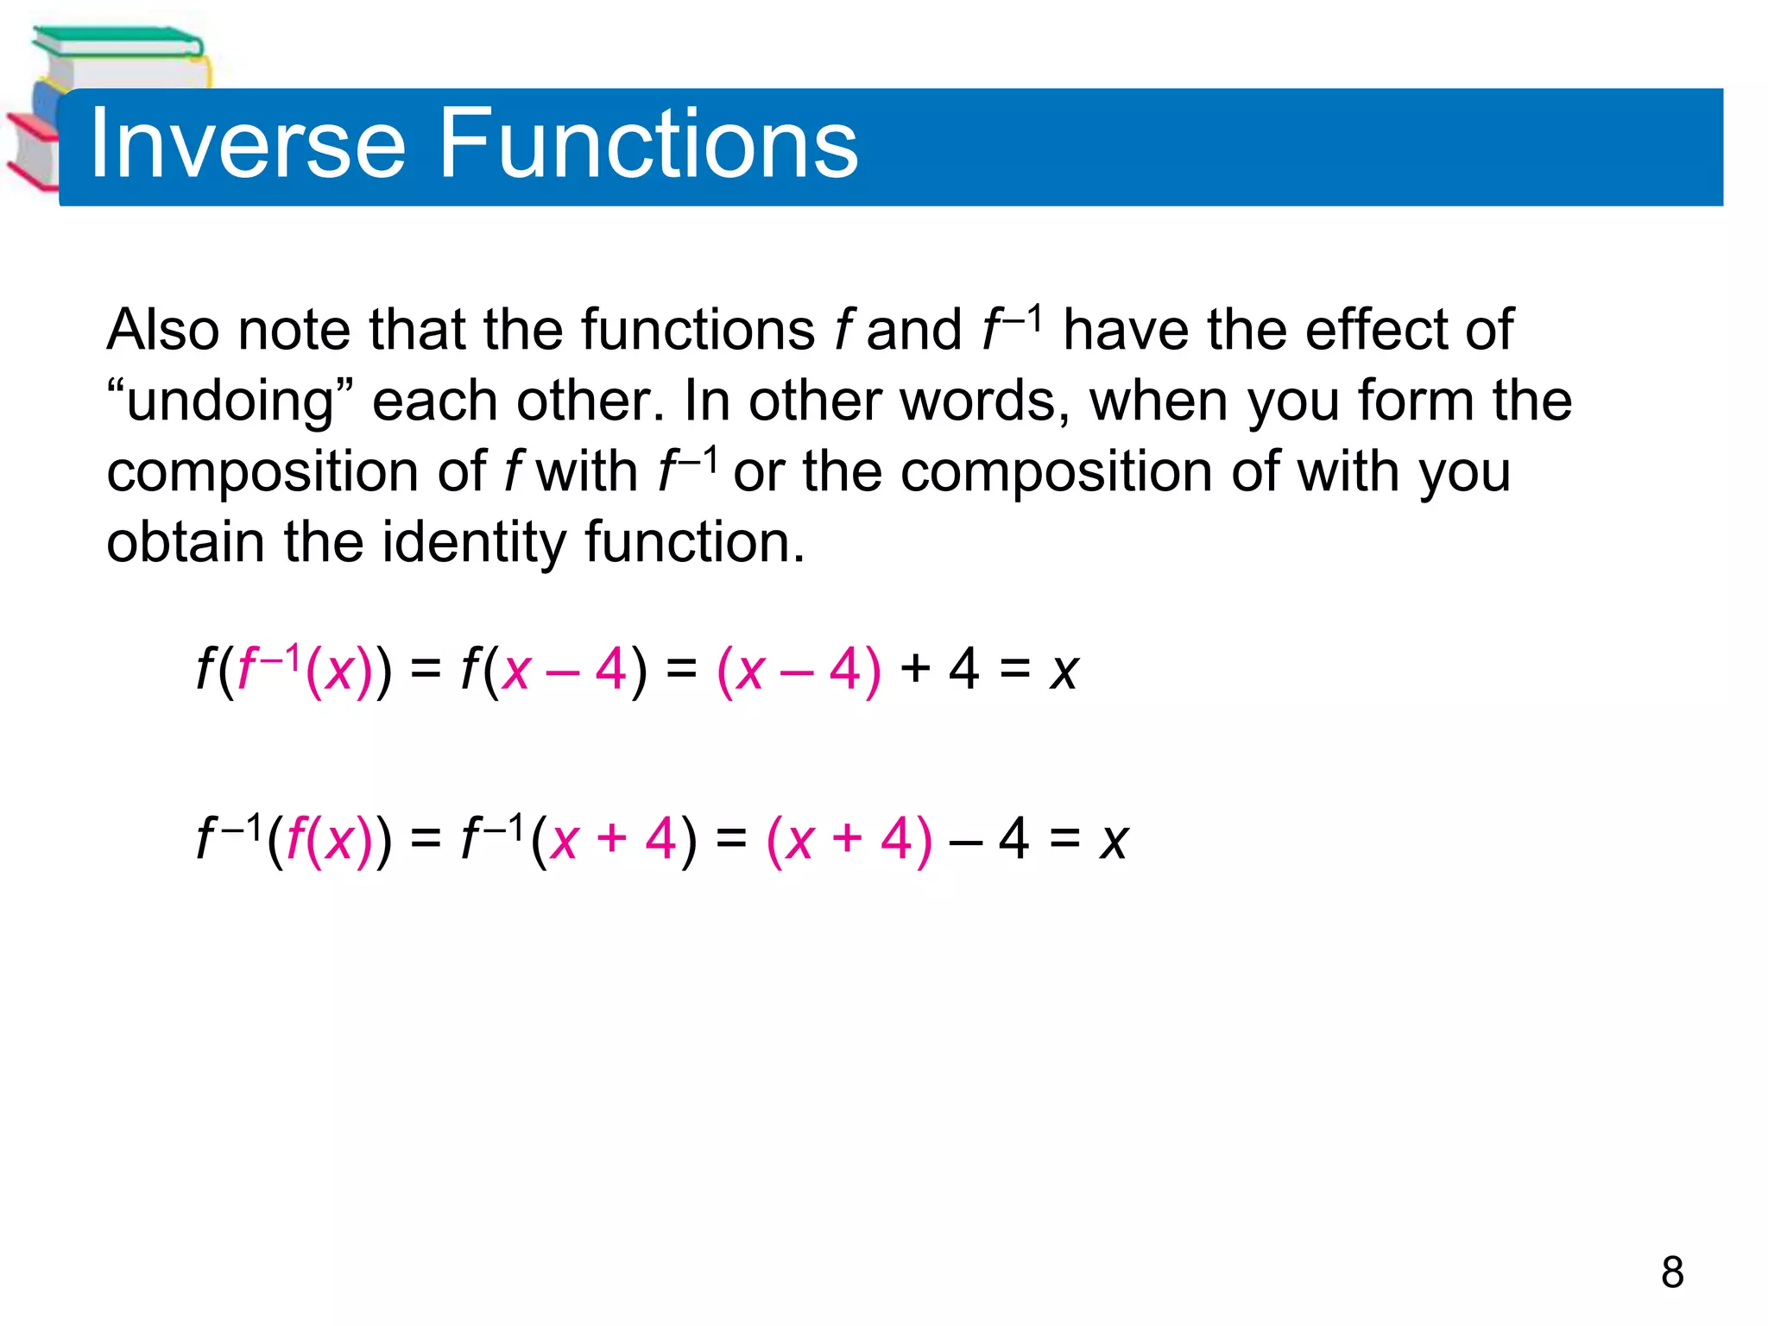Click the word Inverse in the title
247,144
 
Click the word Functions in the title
648,144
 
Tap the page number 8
1671,1272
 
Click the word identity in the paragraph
475,543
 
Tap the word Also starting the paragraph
162,330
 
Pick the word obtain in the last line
185,543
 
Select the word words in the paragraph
984,401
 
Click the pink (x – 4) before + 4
799,670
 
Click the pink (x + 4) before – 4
849,839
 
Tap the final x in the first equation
1064,671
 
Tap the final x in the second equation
1114,840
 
